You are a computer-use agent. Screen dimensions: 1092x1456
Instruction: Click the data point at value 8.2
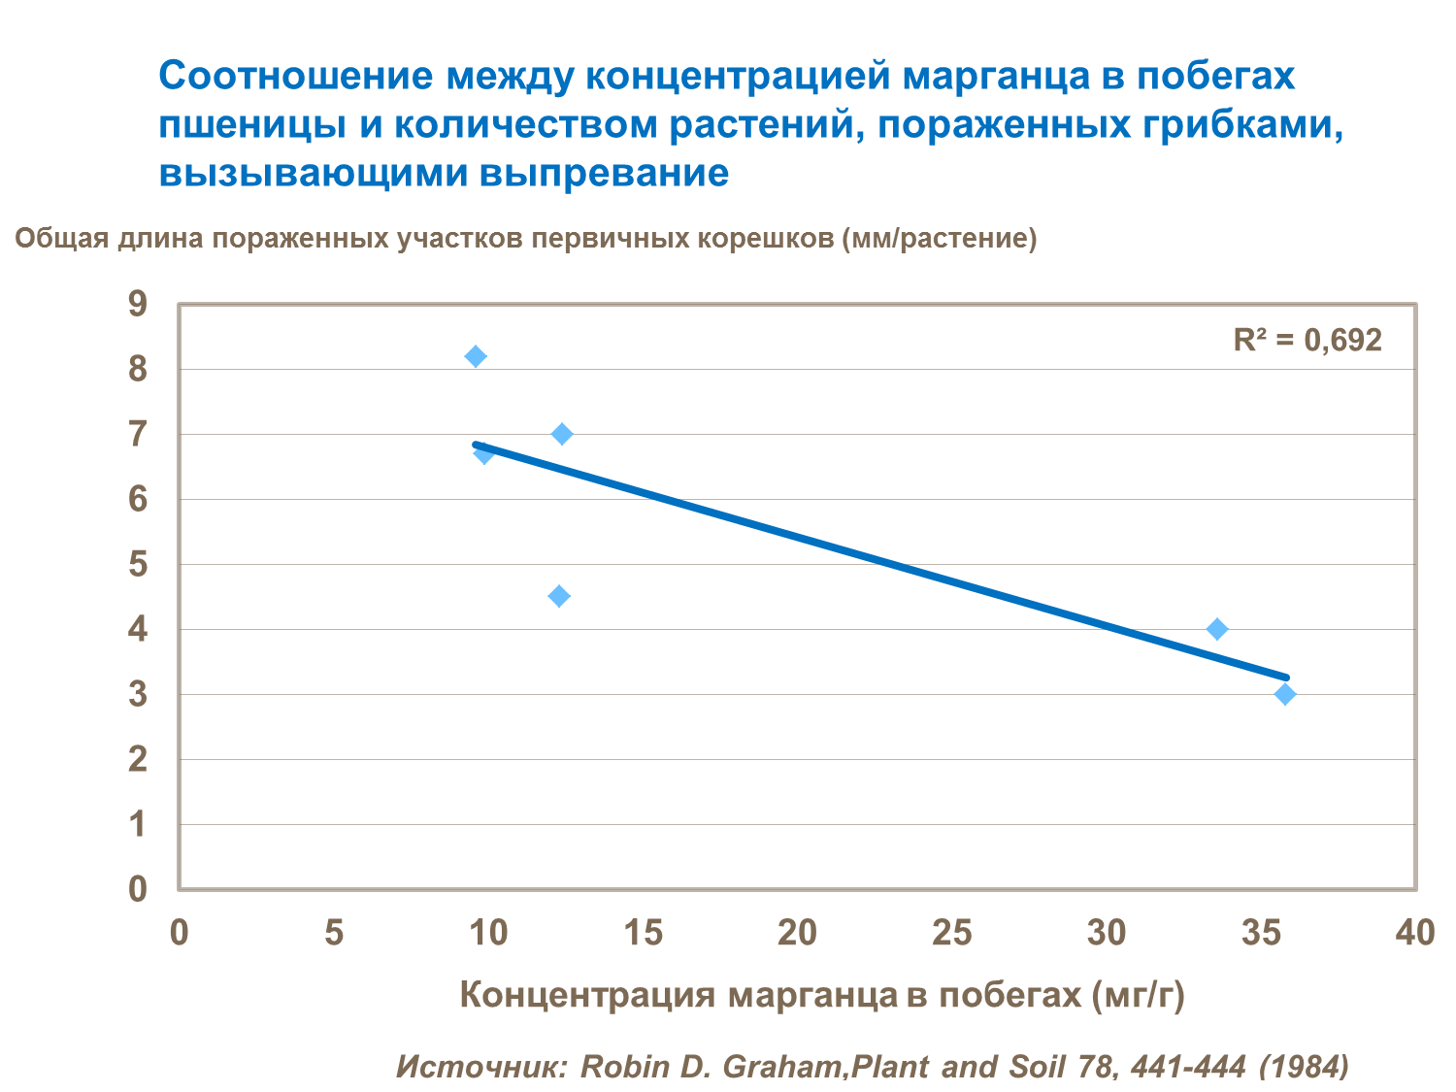(476, 356)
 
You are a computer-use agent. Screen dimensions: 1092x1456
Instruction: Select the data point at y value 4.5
(559, 596)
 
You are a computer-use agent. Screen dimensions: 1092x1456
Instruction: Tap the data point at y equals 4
(1217, 629)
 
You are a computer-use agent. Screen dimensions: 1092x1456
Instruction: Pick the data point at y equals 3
(1285, 694)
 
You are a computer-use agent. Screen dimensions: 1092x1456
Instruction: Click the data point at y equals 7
(562, 434)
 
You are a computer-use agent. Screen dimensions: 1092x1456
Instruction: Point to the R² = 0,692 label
(1307, 340)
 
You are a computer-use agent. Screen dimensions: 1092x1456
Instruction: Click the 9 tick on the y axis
(138, 304)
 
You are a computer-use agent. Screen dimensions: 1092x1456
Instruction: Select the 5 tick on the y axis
(138, 564)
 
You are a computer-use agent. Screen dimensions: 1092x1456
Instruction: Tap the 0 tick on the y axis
(138, 888)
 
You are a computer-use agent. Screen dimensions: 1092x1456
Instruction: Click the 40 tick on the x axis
(1414, 933)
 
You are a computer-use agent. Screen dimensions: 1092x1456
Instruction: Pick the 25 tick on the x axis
(951, 933)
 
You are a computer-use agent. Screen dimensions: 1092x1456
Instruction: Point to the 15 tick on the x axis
(643, 933)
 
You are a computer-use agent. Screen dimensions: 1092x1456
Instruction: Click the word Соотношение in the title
(296, 76)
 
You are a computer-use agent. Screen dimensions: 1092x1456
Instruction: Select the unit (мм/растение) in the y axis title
(940, 238)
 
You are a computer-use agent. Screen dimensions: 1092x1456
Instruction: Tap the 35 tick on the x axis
(1261, 933)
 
